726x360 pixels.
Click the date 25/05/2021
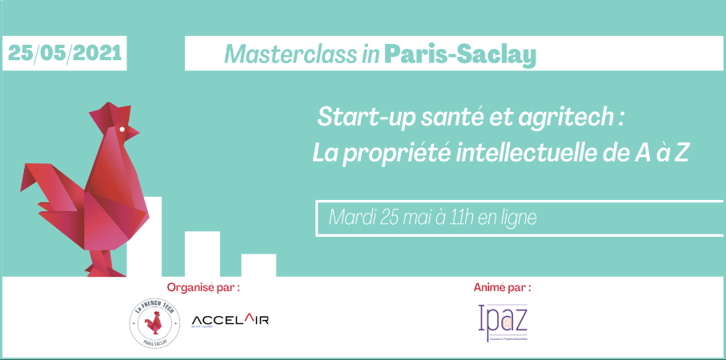tap(65, 53)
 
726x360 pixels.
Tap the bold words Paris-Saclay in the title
tap(459, 54)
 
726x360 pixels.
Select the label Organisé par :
tap(203, 286)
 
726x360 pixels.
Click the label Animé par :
tap(502, 286)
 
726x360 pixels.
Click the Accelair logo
tap(231, 321)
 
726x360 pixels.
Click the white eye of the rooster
tap(122, 128)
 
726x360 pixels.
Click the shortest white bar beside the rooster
tap(259, 265)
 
